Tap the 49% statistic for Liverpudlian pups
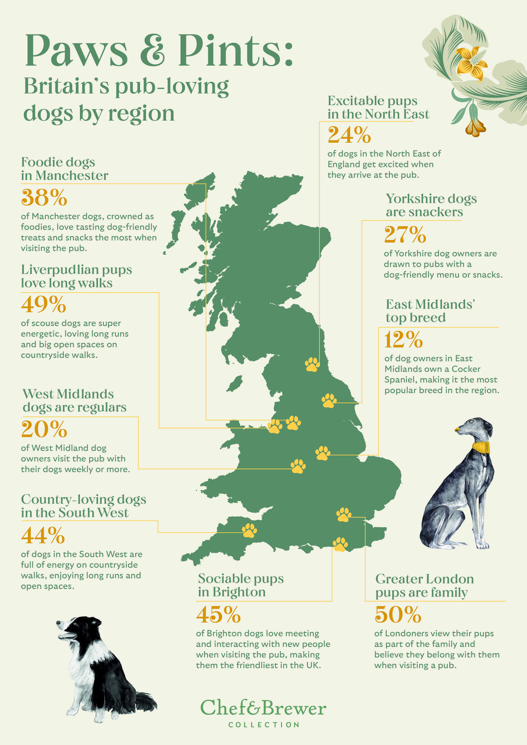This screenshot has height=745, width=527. (44, 304)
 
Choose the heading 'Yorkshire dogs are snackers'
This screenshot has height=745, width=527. (431, 205)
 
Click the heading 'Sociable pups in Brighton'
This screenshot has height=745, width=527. (241, 585)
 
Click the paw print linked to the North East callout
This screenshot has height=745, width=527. (312, 364)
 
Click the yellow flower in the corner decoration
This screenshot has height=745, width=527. (471, 64)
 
